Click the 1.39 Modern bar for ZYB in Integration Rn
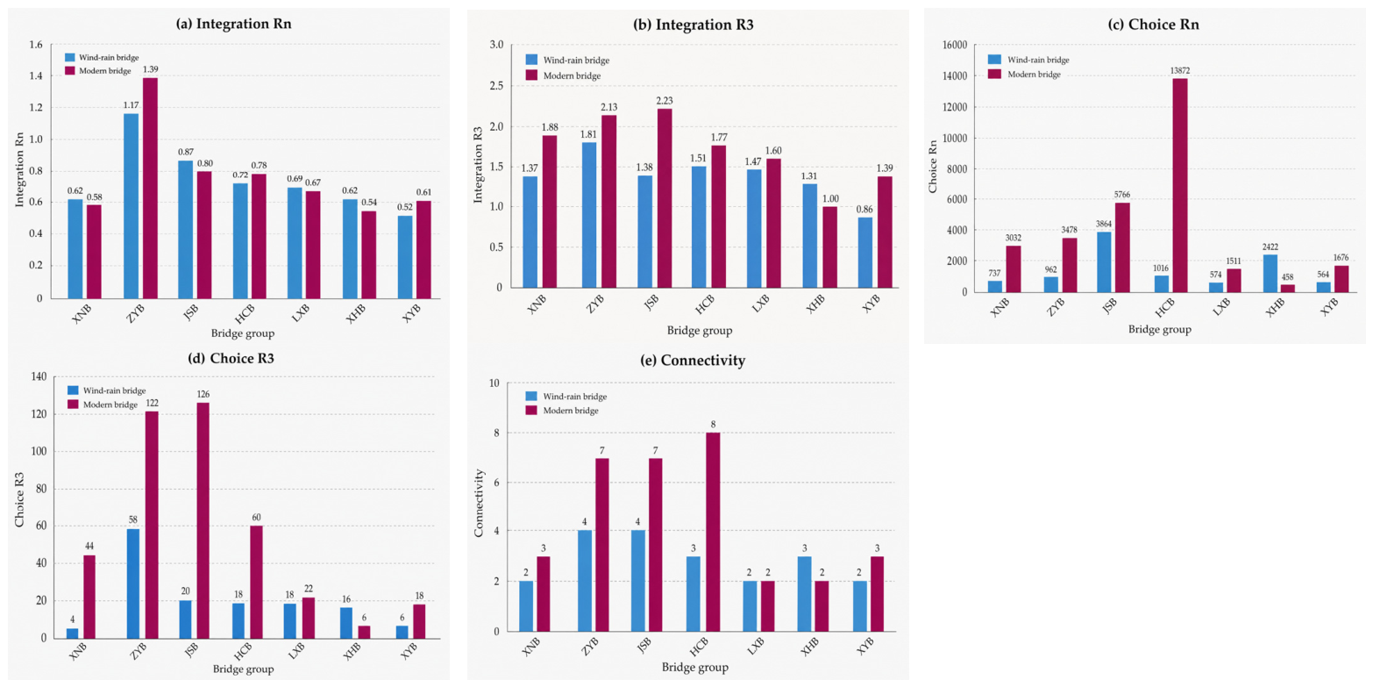(x=150, y=188)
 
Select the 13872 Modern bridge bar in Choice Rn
(x=1180, y=185)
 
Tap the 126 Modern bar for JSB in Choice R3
(x=203, y=520)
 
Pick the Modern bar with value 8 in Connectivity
(x=713, y=532)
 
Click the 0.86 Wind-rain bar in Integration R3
(x=864, y=253)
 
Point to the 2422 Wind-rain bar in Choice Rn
(x=1270, y=274)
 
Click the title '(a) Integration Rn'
(x=233, y=24)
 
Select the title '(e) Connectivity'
(x=693, y=360)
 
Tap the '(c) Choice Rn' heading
(x=1154, y=25)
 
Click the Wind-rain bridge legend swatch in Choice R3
(x=73, y=390)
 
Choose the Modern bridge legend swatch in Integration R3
(x=531, y=75)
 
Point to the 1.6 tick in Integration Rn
(x=36, y=45)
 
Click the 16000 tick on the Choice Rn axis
(x=953, y=45)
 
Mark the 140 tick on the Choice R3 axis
(x=39, y=376)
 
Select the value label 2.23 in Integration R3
(x=664, y=101)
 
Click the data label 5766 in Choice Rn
(x=1121, y=195)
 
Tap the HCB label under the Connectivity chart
(x=700, y=648)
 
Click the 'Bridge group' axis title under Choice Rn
(x=1160, y=329)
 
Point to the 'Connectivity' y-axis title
(x=480, y=504)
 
